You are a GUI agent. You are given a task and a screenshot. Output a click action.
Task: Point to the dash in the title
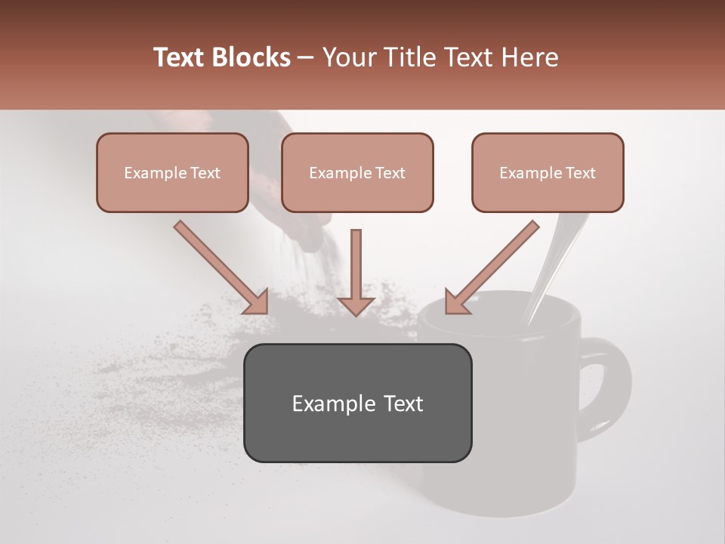(306, 58)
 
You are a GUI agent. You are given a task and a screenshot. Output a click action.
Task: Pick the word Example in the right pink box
(529, 173)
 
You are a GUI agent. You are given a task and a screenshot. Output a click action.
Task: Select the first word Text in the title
(180, 57)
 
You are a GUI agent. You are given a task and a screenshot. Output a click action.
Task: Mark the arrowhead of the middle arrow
(356, 304)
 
